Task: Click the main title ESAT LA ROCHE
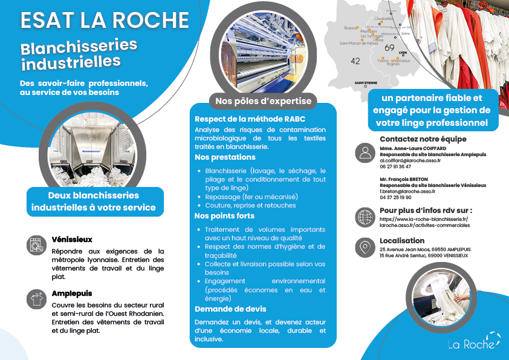point(105,19)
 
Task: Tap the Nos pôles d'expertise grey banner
point(262,100)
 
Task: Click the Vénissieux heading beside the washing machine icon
point(72,240)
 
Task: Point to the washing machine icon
point(36,245)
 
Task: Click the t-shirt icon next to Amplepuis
point(36,298)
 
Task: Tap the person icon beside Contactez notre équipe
point(365,152)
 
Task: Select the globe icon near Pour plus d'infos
point(365,217)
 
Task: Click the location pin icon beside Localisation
point(365,247)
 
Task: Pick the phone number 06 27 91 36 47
point(395,166)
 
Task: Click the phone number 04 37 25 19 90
point(395,197)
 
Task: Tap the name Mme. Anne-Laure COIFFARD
point(413,148)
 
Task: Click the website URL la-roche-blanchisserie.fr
point(424,218)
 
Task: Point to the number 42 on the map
point(355,61)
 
